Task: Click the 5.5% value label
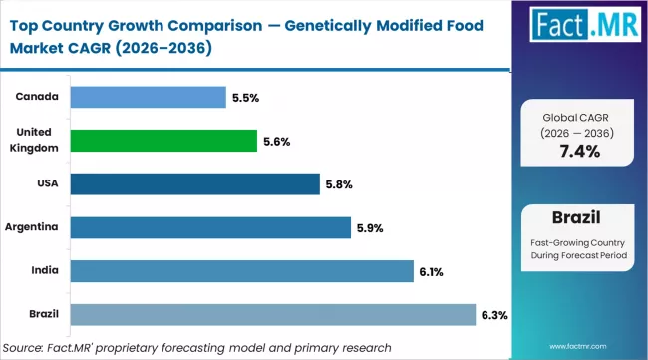[247, 98]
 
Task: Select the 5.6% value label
[276, 142]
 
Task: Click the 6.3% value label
[495, 316]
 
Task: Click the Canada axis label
[35, 97]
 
